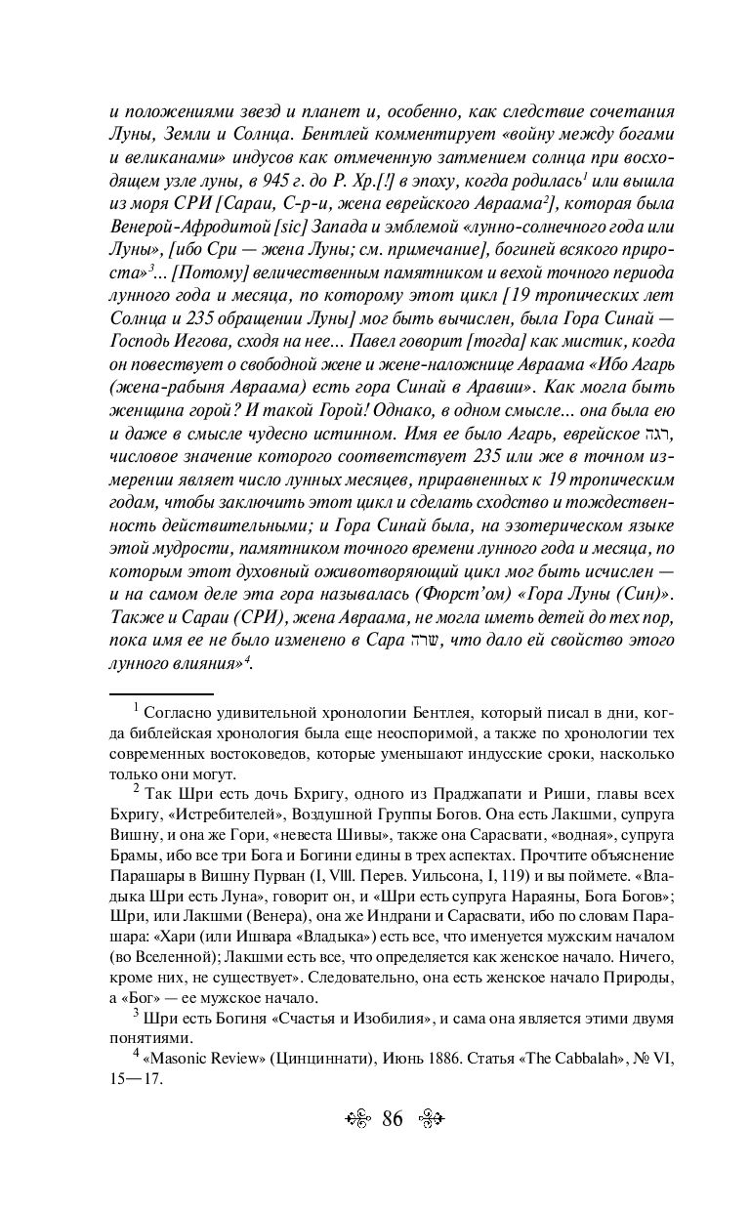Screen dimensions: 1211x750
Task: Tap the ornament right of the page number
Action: pos(433,1118)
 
